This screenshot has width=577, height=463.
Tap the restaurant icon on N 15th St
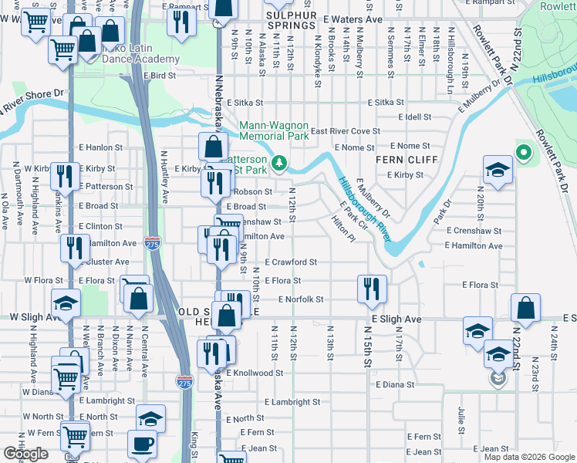(372, 289)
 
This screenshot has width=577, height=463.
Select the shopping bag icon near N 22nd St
(525, 309)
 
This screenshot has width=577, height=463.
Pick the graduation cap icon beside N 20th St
(498, 170)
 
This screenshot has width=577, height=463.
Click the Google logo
(26, 454)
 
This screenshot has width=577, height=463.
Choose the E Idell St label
(414, 117)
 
